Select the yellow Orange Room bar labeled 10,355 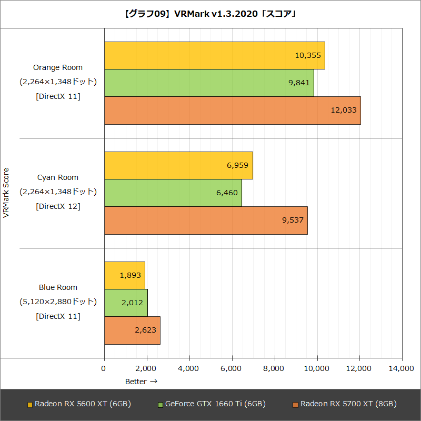coord(214,55)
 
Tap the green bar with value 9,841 coord(209,83)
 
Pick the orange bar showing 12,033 coord(232,111)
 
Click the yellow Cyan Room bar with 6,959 coord(178,165)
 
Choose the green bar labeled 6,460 coord(173,193)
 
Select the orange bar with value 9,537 coord(206,220)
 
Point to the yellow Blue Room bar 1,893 coord(124,275)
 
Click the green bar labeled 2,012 coord(126,303)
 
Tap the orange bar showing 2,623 coord(132,330)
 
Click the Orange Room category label coord(58,67)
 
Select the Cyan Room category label coord(58,177)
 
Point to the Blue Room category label coord(58,287)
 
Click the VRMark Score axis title coord(6,193)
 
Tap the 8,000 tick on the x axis coord(274,369)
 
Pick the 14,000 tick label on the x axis coord(401,369)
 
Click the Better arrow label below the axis coord(141,382)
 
